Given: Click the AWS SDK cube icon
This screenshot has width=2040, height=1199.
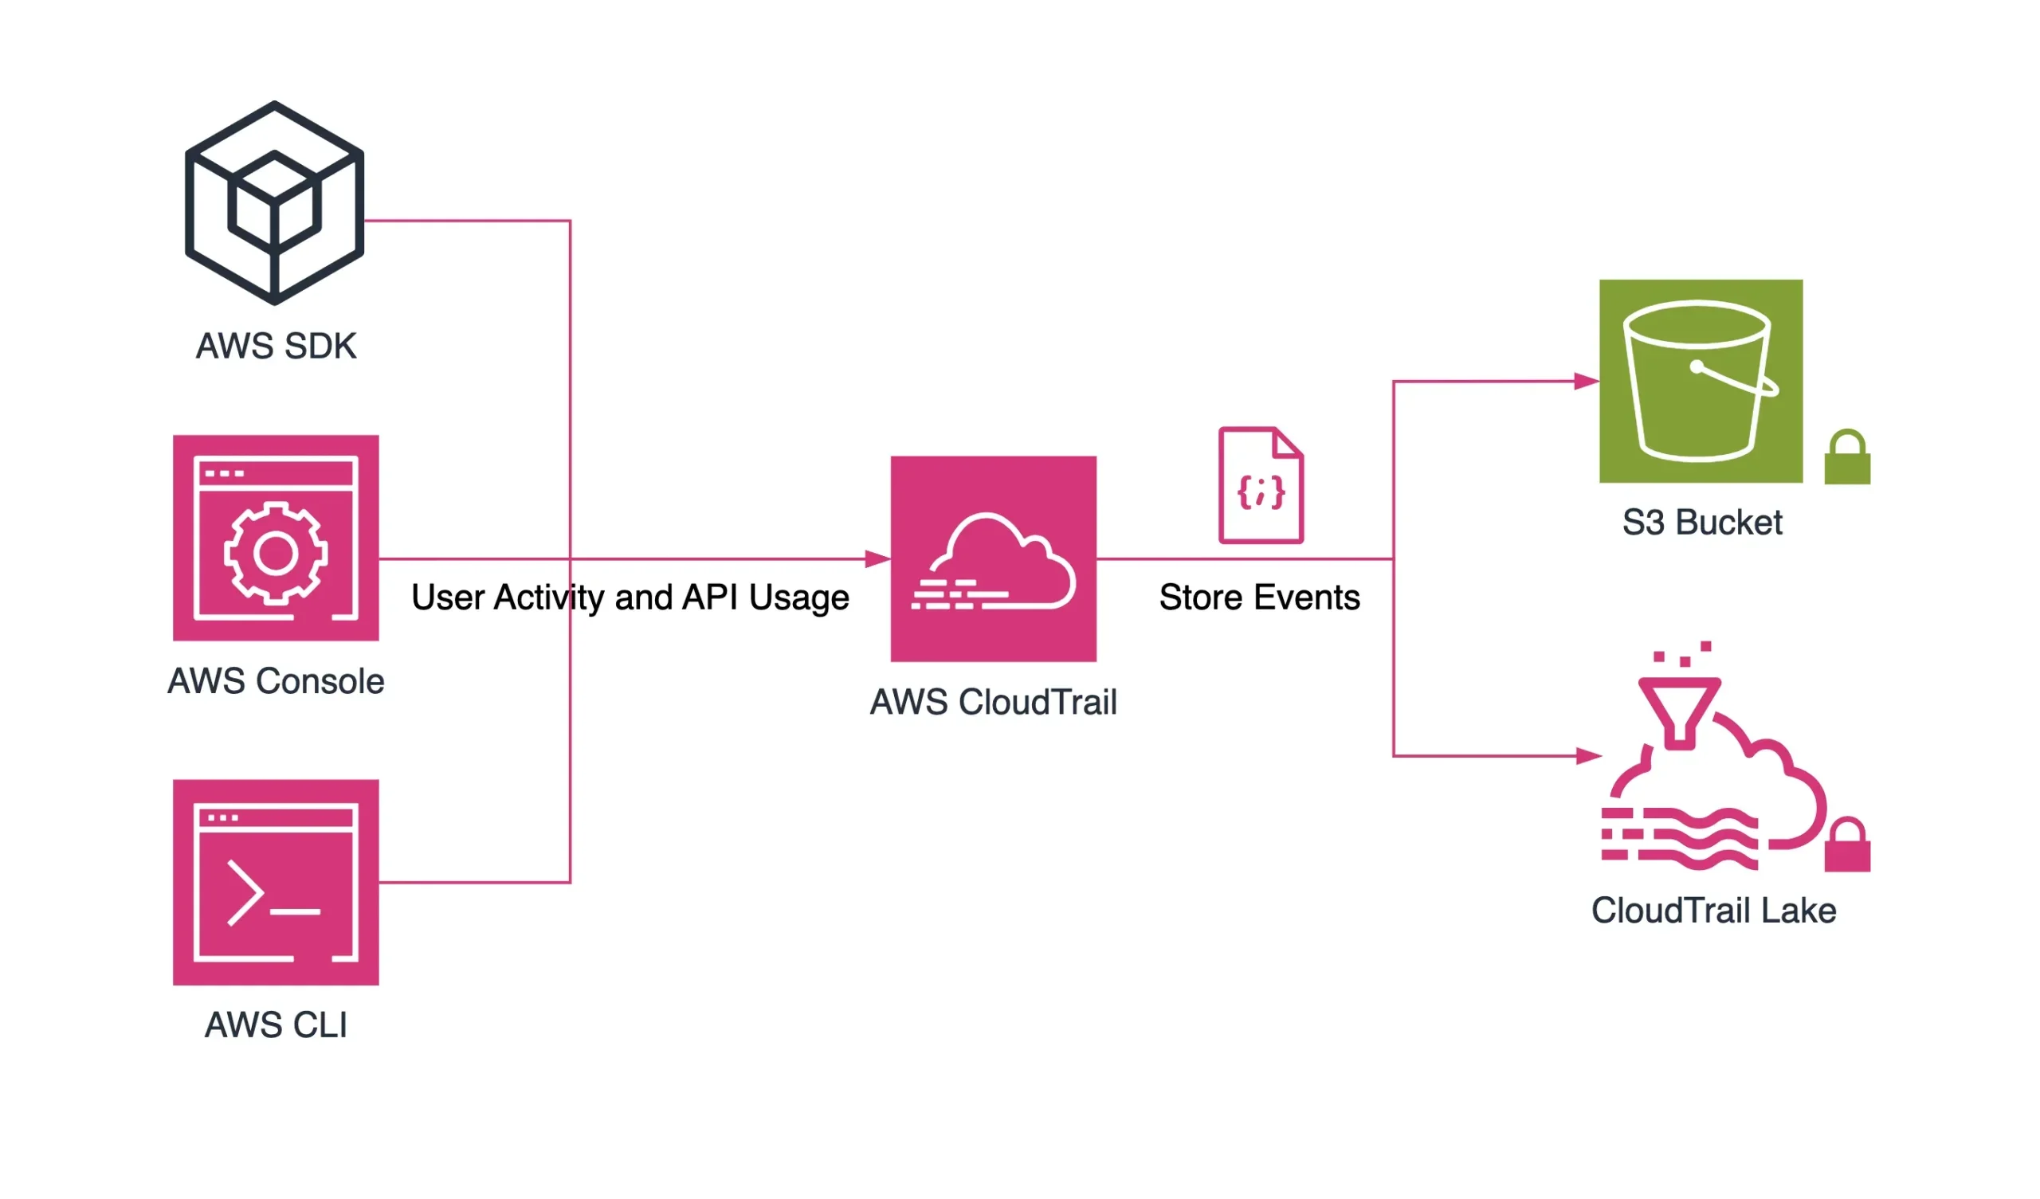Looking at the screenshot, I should [274, 203].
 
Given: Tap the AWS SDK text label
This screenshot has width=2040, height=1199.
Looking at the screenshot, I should [276, 347].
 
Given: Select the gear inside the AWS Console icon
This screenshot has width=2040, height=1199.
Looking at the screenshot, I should [275, 554].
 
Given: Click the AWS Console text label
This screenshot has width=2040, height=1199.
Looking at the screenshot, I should [276, 682].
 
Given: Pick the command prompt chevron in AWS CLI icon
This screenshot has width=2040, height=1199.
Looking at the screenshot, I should [246, 894].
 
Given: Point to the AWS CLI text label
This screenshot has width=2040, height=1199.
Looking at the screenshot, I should [276, 1026].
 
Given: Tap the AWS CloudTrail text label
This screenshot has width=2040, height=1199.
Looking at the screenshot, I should [993, 703].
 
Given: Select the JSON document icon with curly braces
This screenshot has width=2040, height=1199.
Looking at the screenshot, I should [1261, 486].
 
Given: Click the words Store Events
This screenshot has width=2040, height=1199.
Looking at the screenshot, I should [1260, 598].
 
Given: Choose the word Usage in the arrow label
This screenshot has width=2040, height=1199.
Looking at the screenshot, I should [799, 598].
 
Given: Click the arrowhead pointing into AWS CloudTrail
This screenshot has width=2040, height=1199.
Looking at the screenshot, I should [877, 558].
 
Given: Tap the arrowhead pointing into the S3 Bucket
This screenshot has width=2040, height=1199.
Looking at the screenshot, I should [1587, 382].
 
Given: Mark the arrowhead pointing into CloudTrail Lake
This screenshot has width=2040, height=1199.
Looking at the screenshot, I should [1588, 756].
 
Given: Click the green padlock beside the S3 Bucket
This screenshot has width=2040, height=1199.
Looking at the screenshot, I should [1847, 458].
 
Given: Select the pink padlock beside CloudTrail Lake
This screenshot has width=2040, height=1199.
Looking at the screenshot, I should [1847, 847].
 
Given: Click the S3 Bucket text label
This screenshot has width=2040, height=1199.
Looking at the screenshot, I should [1702, 523].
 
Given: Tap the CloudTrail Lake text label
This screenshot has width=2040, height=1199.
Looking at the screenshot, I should [1714, 911].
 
